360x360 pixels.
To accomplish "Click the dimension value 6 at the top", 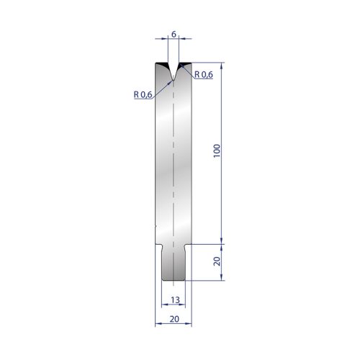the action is [x=174, y=35].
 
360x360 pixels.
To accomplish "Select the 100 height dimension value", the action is [x=217, y=150].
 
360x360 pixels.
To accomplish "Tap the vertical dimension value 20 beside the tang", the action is [x=217, y=261].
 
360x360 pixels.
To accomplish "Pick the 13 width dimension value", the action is [x=175, y=300].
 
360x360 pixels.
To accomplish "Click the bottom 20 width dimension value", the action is [x=174, y=319].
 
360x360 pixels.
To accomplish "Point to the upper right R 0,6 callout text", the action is [x=204, y=75].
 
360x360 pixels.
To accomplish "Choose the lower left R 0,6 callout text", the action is [x=143, y=94].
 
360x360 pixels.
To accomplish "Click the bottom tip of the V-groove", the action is [x=174, y=80].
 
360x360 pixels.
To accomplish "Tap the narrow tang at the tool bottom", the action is [x=174, y=262].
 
